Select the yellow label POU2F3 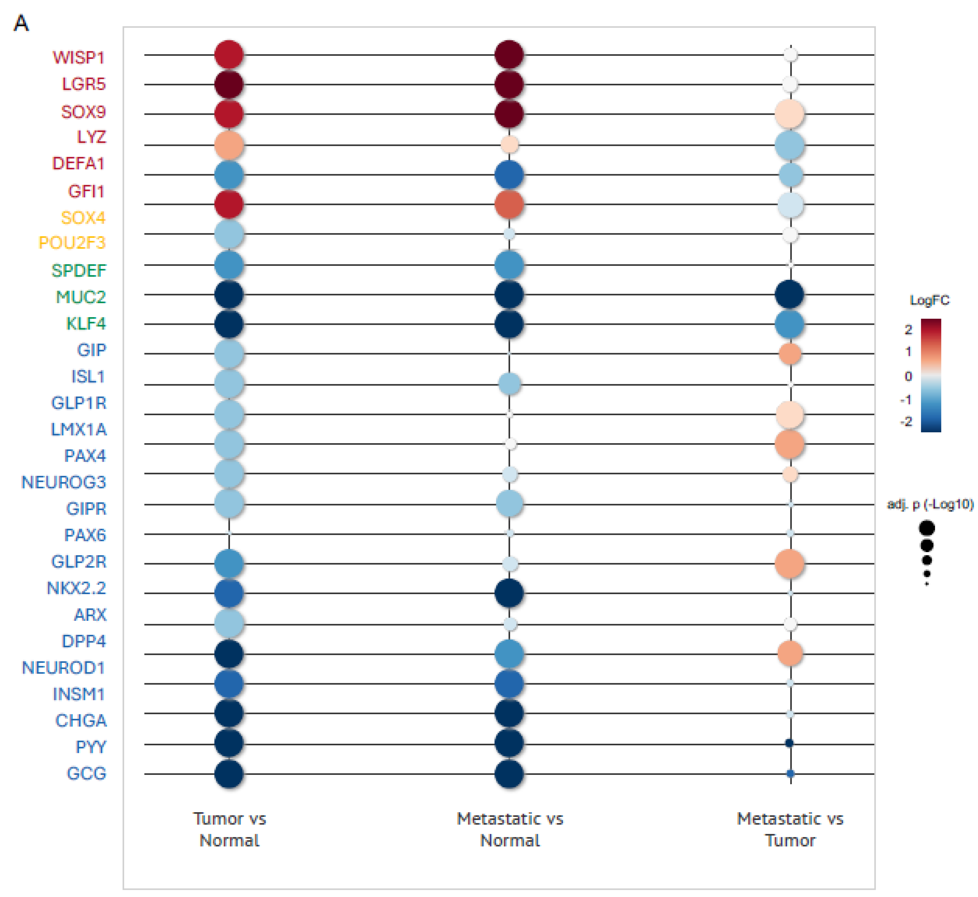72,243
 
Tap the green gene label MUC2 81,297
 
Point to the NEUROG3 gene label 64,483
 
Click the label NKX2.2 76,588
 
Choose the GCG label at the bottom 86,774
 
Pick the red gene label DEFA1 78,164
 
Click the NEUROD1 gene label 64,668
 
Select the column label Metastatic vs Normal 510,830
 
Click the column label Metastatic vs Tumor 790,830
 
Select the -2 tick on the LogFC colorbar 906,421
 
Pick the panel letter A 21,23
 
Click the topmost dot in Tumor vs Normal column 229,54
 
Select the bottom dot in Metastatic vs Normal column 509,774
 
